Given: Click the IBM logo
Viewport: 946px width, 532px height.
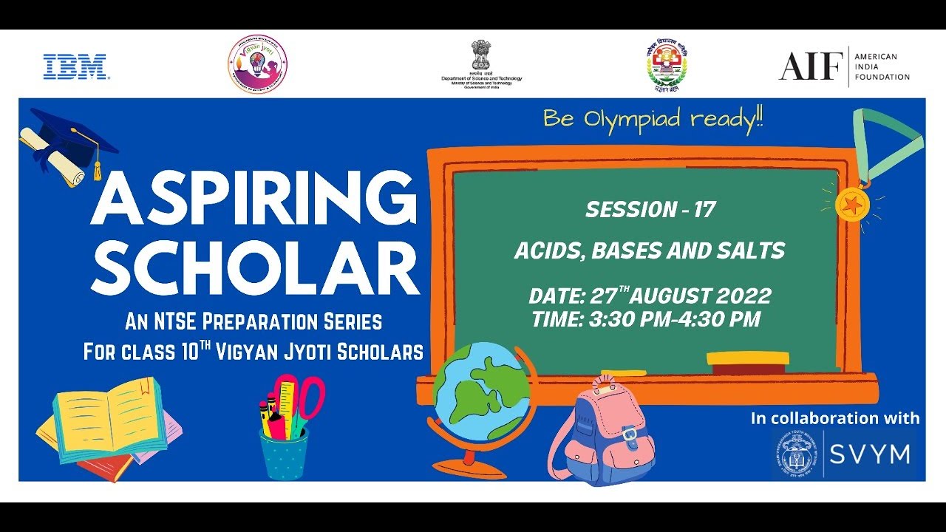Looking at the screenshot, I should [77, 66].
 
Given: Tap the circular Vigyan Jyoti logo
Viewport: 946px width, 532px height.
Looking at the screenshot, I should [256, 64].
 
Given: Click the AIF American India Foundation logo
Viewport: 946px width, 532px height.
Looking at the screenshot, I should [844, 66].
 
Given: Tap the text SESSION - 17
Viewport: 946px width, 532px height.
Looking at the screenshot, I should [650, 210].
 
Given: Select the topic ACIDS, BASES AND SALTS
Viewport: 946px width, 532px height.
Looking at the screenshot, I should [650, 250].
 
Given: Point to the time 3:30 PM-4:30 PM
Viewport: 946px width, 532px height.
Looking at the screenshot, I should [646, 319].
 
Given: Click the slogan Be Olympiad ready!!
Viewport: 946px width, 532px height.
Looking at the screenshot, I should [653, 119].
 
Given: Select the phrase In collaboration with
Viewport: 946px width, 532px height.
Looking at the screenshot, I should [835, 418].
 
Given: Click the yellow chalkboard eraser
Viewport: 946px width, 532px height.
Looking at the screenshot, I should [747, 359].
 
